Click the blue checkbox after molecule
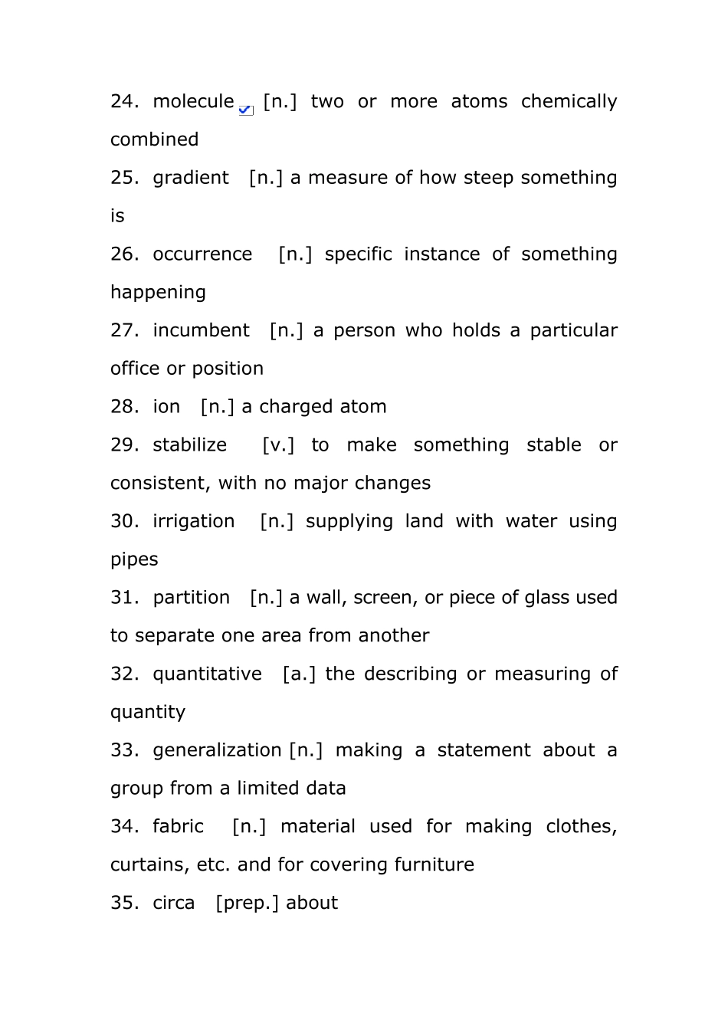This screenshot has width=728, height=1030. click(246, 110)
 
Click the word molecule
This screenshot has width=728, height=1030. click(193, 102)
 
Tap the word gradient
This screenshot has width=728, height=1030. click(191, 178)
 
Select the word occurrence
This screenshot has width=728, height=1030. click(202, 254)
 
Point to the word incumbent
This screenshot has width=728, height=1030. click(201, 330)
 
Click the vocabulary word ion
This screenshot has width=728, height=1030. click(166, 407)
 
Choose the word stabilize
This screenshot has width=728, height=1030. click(189, 445)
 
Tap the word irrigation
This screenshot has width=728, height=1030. click(194, 521)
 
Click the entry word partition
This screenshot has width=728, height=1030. click(191, 598)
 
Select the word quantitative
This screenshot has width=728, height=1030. click(207, 674)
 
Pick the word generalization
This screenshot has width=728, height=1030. click(217, 750)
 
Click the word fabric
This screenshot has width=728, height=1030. click(178, 827)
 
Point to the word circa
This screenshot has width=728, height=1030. click(174, 903)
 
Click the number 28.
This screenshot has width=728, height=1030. click(124, 407)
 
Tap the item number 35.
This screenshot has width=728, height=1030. click(124, 903)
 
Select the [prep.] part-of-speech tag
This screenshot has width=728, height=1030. click(247, 903)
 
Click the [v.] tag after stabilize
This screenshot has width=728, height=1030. click(278, 445)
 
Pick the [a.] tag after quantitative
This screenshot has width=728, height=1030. click(299, 674)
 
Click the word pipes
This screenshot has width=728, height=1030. click(134, 559)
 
